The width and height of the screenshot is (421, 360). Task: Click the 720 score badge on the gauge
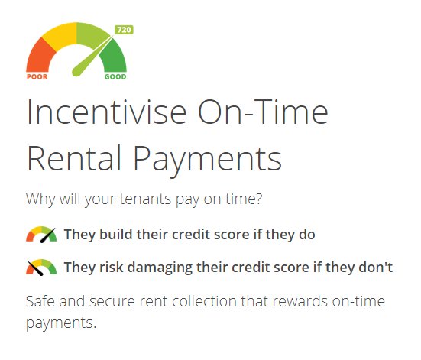tap(124, 30)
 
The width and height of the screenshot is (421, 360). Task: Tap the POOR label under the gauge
tap(37, 77)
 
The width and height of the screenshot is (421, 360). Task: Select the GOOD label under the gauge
tap(115, 77)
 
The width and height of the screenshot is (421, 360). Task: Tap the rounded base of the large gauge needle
tap(77, 72)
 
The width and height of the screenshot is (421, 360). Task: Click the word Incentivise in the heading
tap(107, 112)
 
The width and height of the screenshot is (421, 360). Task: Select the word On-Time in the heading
tap(263, 112)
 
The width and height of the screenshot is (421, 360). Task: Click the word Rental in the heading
tap(74, 157)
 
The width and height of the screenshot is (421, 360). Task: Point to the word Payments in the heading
tap(208, 161)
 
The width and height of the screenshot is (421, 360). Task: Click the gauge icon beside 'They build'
tap(41, 235)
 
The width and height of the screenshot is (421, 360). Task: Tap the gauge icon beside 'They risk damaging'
tap(41, 268)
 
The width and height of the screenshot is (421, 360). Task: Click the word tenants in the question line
tap(145, 199)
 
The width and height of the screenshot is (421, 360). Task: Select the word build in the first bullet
tap(116, 235)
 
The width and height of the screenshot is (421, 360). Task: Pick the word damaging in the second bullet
tap(160, 268)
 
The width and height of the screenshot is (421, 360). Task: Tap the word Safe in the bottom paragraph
tap(40, 301)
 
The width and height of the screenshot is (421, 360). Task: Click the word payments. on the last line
tap(61, 323)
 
